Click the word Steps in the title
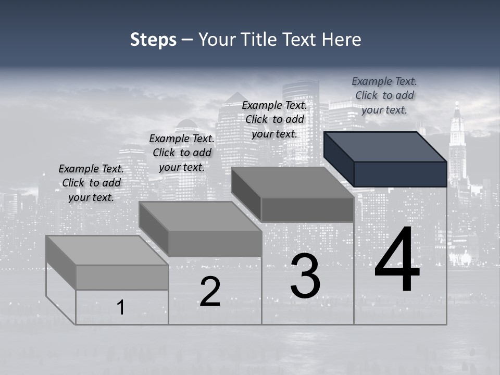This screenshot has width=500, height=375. [153, 40]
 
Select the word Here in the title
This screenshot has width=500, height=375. [342, 40]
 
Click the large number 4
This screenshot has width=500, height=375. [397, 260]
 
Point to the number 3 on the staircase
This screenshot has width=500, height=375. [305, 276]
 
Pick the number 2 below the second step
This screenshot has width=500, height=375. [210, 292]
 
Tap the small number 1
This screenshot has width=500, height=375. [121, 308]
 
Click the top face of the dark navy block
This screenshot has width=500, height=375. [385, 146]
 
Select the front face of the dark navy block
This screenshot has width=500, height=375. [400, 174]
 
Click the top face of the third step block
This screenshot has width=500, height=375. [292, 182]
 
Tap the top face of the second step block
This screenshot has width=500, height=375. [200, 216]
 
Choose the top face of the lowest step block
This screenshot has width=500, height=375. [107, 251]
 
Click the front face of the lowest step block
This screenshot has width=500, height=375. [122, 277]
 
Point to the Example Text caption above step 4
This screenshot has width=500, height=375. [384, 95]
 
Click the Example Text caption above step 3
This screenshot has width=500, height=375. [274, 119]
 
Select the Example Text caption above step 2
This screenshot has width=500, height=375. [182, 153]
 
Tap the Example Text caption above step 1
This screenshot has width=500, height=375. [91, 183]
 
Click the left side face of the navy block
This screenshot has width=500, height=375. [339, 158]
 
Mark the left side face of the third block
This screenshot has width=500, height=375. [246, 193]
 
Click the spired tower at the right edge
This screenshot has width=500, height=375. [457, 146]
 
